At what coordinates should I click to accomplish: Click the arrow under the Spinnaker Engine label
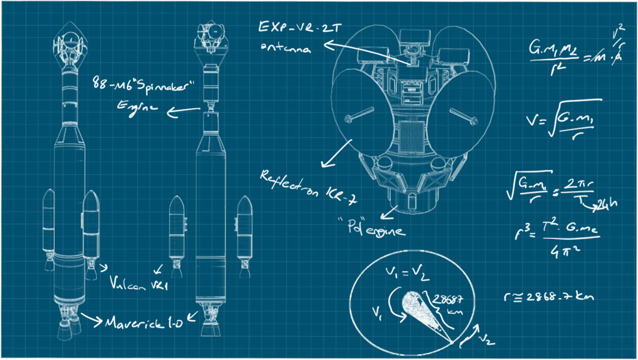(x=182, y=109)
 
